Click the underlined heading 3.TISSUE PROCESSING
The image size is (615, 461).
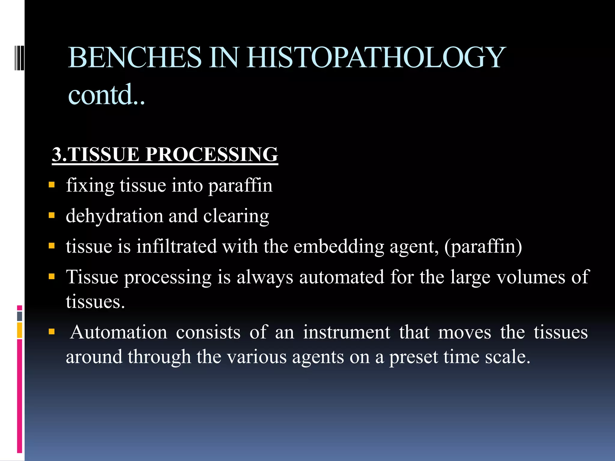pos(165,154)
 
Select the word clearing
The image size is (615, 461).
pos(236,216)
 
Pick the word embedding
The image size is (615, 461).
pos(339,247)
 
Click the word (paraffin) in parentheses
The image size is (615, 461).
pos(483,247)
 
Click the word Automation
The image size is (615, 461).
pos(119,332)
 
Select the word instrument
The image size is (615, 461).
pos(347,332)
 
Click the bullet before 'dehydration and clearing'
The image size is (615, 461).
pos(52,215)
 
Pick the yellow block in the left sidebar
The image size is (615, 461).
pos(20,330)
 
